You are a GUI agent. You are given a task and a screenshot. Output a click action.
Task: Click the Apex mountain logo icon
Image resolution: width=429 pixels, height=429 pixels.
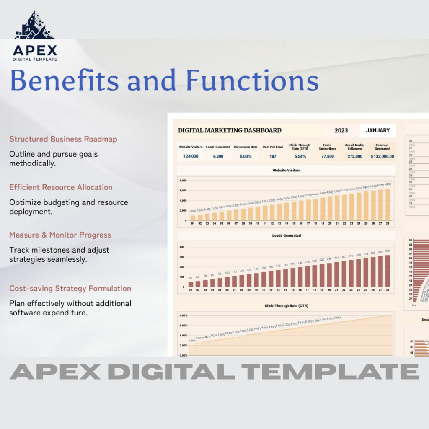point(34,26)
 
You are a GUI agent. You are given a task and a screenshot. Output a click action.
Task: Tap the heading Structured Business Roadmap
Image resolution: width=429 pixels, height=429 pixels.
point(63,139)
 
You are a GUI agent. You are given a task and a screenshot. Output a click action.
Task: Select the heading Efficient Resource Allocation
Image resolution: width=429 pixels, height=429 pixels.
point(61,187)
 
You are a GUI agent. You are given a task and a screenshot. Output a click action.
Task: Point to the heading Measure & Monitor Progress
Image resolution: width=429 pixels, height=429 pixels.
point(60,235)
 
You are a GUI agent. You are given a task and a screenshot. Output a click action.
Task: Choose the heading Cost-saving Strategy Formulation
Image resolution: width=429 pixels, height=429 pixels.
point(70,288)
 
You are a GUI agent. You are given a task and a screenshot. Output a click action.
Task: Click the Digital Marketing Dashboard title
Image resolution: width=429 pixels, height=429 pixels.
point(230,130)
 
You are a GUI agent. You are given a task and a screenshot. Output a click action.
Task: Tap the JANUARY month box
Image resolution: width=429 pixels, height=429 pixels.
point(377,130)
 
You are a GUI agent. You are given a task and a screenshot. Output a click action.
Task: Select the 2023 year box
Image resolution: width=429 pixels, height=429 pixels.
point(341,130)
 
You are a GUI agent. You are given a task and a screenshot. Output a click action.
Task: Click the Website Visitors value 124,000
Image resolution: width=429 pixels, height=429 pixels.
point(191,156)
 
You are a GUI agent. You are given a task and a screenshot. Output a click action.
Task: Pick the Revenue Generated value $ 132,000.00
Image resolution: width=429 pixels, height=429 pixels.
point(382,156)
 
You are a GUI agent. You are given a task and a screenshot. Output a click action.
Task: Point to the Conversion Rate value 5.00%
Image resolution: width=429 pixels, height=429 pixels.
point(246,156)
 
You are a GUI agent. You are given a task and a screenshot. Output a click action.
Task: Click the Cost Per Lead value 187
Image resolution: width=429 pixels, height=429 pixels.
point(273,156)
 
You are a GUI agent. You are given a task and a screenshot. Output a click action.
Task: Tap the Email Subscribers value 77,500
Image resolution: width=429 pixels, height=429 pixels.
point(327,156)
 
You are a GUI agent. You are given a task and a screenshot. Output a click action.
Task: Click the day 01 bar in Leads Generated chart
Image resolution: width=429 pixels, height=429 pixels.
point(191,284)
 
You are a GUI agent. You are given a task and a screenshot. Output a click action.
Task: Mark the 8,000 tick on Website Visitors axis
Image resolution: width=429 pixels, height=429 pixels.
point(183,181)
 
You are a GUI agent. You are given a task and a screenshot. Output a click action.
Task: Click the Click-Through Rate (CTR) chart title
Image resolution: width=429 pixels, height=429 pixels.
point(286,306)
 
